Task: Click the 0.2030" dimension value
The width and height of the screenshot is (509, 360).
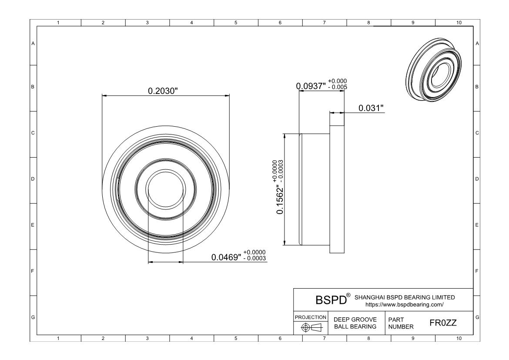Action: pyautogui.click(x=163, y=91)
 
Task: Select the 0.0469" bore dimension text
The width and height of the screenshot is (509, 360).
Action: pyautogui.click(x=226, y=257)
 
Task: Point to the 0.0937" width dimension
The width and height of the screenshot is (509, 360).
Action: pyautogui.click(x=311, y=86)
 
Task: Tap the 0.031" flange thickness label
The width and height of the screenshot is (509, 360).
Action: pyautogui.click(x=371, y=108)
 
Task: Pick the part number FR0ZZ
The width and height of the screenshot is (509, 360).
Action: pyautogui.click(x=443, y=323)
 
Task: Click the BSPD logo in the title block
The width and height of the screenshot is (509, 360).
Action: pyautogui.click(x=331, y=300)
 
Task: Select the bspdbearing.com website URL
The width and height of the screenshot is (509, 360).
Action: pyautogui.click(x=405, y=305)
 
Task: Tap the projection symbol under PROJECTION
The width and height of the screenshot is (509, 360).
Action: pyautogui.click(x=311, y=327)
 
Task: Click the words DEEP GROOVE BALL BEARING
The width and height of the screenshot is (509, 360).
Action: pyautogui.click(x=355, y=323)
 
